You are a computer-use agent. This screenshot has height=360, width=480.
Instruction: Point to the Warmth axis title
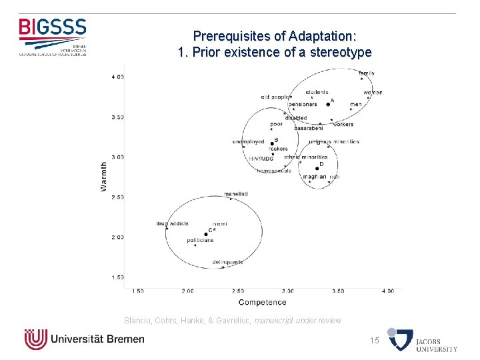pos(103,176)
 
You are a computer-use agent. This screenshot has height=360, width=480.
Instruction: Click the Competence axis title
pos(262,302)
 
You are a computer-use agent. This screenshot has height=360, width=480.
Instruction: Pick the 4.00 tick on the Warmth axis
pos(117,77)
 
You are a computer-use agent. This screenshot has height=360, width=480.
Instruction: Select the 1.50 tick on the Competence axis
pos(138,291)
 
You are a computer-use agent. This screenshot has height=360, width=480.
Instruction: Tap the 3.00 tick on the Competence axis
pos(288,291)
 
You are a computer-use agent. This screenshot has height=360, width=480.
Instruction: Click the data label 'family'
pos(366,73)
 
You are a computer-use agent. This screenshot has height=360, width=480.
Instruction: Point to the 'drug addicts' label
pos(173,223)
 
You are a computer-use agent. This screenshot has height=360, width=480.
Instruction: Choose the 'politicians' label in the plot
pos(200,240)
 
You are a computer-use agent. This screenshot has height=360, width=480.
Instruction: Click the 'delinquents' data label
pos(227,262)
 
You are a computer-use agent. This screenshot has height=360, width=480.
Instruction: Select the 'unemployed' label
pos(248,142)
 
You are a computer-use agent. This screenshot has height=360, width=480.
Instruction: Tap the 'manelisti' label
pos(236,193)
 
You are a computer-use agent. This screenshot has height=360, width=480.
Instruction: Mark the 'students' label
pos(317,92)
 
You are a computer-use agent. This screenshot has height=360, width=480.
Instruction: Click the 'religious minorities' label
pos(334,141)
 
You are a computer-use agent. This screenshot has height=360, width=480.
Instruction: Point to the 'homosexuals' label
pos(273,171)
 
